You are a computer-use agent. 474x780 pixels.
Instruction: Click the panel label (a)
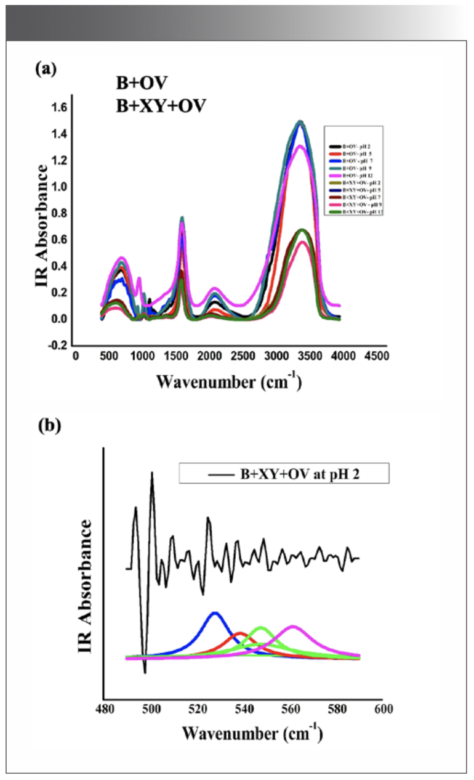46,68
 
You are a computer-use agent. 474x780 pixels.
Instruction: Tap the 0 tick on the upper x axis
76,357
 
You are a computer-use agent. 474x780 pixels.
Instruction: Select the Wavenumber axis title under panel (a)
228,381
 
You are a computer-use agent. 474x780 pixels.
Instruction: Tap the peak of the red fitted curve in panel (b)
240,633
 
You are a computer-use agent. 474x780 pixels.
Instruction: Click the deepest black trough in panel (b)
145,672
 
